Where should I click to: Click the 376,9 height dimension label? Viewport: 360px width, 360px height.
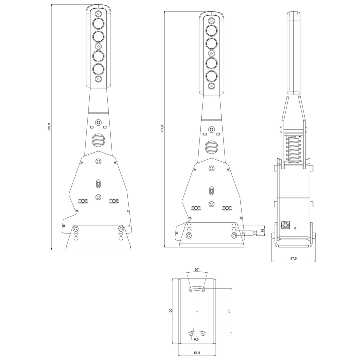[49, 127]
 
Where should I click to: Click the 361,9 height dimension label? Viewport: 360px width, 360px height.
[162, 129]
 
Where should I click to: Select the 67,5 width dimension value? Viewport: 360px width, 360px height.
[293, 258]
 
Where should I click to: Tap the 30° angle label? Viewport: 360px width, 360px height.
[197, 269]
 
